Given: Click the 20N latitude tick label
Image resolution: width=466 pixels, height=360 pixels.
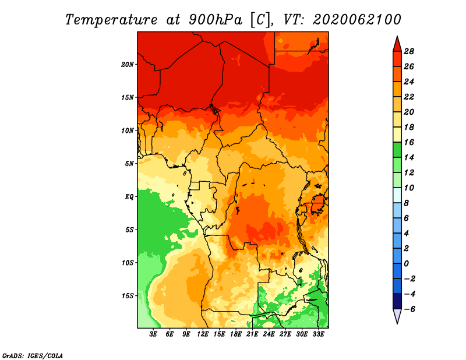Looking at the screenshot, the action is tap(128, 65).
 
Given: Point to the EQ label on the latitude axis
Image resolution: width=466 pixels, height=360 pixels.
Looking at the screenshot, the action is tap(129, 197).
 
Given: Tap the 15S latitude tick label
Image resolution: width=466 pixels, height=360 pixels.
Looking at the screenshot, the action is tap(128, 296).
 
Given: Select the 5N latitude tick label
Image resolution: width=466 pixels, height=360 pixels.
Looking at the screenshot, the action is tap(129, 164).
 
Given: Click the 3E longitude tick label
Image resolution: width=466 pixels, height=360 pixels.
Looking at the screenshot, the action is tap(153, 334).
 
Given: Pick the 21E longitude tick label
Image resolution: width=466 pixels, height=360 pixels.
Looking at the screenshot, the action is tap(252, 334).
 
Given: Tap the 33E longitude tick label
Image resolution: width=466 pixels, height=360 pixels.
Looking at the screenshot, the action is tap(318, 334).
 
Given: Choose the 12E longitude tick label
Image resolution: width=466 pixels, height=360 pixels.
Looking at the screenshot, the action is tap(202, 334).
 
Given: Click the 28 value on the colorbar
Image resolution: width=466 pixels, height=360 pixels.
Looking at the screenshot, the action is tap(409, 51).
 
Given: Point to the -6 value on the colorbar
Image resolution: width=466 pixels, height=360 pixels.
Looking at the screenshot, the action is tap(409, 309).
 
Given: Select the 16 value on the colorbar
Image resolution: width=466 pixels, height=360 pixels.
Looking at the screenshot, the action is tap(409, 142).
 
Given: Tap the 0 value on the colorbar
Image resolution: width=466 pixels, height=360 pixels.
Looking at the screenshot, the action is tap(406, 264).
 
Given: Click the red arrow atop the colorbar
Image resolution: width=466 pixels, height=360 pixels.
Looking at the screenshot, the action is tap(397, 45).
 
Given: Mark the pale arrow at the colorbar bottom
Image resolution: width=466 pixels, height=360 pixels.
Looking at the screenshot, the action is tap(397, 315).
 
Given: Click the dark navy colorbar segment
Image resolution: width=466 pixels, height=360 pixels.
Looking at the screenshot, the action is tap(397, 301).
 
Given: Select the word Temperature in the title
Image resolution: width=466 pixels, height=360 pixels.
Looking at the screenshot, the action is tap(111, 20).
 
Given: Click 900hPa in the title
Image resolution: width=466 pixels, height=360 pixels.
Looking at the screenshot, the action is tap(216, 20).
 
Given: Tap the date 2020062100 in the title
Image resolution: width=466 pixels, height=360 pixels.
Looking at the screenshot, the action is tap(356, 20).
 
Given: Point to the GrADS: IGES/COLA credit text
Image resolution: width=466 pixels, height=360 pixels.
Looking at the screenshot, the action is tap(33, 355).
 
